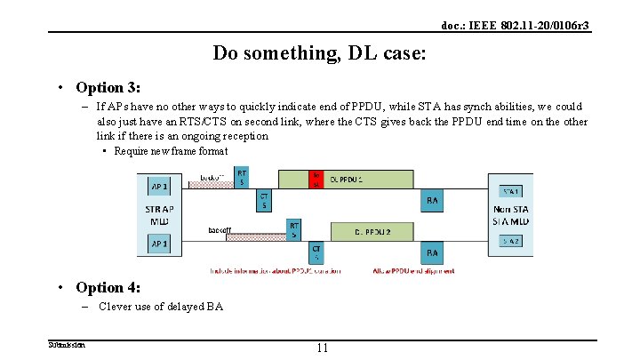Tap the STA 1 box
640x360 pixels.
[x=512, y=190]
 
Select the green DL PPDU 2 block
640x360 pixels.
[x=372, y=231]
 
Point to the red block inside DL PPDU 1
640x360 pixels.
[x=316, y=180]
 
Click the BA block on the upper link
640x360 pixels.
[x=432, y=201]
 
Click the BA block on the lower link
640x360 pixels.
[x=432, y=252]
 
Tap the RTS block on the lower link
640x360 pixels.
[x=294, y=230]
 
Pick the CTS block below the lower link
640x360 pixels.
[x=316, y=252]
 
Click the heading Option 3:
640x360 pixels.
[x=108, y=87]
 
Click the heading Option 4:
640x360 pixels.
[x=108, y=287]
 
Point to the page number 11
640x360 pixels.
[x=321, y=348]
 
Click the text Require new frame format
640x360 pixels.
[x=172, y=151]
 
